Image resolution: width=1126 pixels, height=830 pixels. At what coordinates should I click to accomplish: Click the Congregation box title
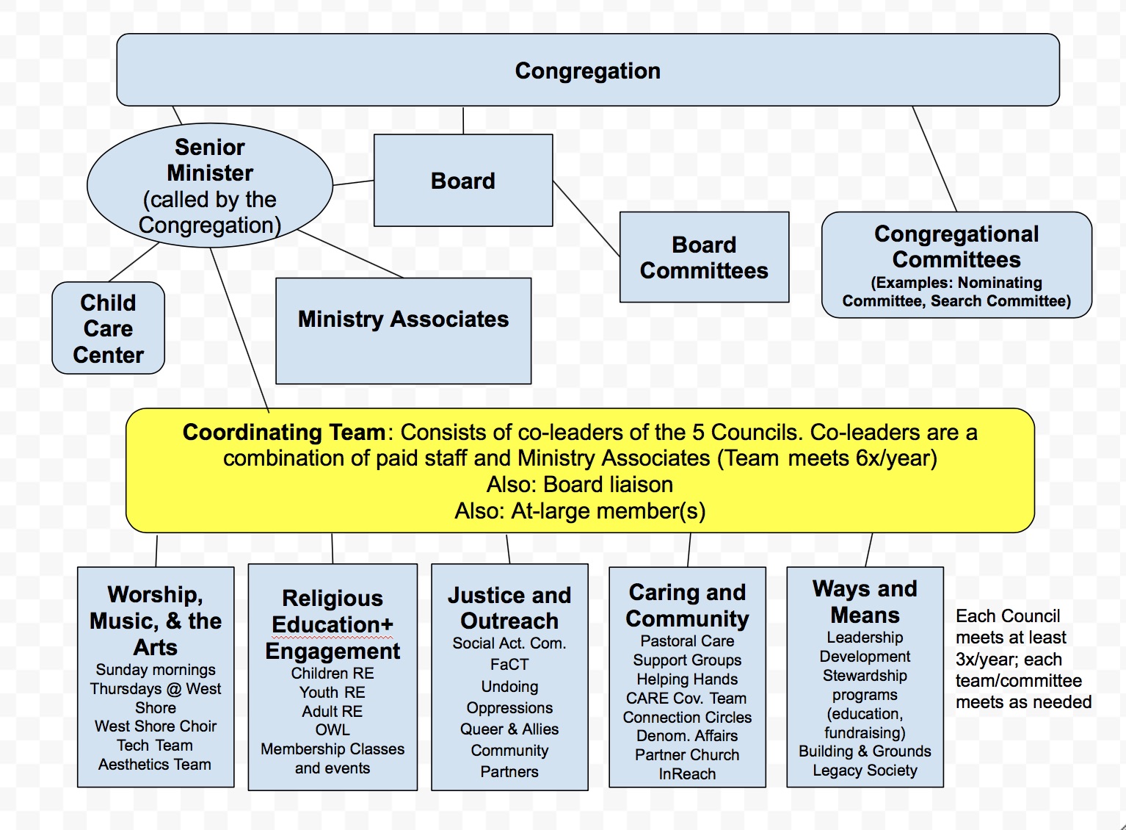(x=587, y=71)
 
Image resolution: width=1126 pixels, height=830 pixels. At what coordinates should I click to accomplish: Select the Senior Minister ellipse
(x=210, y=185)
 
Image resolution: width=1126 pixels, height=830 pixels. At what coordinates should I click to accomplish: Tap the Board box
(x=463, y=181)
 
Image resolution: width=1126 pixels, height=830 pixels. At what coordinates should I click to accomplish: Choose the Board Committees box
(x=704, y=257)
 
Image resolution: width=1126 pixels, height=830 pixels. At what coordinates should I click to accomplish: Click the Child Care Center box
(x=109, y=328)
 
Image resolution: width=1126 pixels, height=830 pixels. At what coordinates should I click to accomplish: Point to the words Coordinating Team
(x=284, y=432)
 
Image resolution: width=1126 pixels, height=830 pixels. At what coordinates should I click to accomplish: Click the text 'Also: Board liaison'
(x=580, y=484)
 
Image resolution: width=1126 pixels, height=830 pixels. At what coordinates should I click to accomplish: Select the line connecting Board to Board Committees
(x=586, y=218)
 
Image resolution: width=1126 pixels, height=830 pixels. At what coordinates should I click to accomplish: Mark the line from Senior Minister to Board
(x=353, y=183)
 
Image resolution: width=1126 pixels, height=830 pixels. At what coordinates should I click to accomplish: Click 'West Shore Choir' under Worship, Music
(x=156, y=726)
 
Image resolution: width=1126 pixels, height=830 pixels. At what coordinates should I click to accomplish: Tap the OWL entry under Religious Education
(x=333, y=730)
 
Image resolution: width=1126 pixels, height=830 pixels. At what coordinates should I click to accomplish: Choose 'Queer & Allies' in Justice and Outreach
(x=509, y=729)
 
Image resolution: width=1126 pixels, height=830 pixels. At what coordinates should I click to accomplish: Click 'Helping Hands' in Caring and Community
(x=687, y=679)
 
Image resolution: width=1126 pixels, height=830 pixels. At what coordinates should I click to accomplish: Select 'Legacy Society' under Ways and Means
(x=865, y=771)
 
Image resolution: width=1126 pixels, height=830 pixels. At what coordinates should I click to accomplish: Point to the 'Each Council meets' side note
(x=1023, y=659)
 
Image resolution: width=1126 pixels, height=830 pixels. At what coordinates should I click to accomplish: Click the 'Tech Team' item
(x=155, y=746)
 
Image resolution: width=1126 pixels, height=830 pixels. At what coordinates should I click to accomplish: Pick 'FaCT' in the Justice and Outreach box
(x=509, y=665)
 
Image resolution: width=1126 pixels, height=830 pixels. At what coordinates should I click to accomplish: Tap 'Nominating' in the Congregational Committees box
(x=1000, y=283)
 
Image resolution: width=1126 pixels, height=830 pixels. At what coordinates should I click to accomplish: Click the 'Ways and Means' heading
(x=865, y=602)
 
